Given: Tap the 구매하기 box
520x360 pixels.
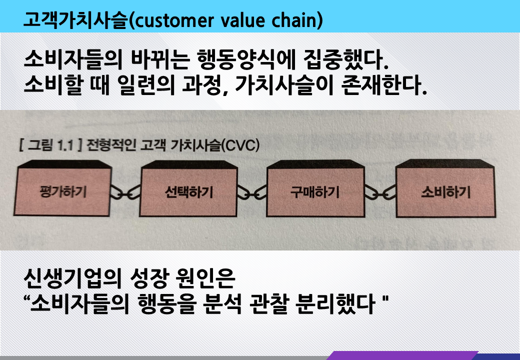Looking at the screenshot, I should (315, 192).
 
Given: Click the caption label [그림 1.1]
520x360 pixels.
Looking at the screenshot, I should (48, 146).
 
